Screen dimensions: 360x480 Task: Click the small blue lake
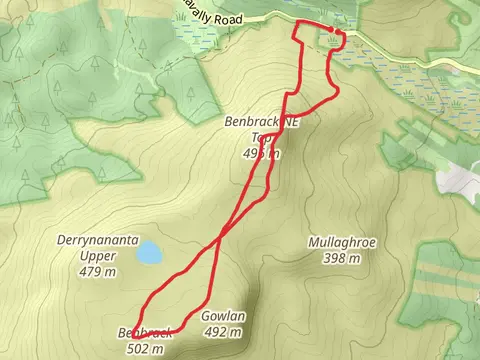[149, 253]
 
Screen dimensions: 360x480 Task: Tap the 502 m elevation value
[146, 348]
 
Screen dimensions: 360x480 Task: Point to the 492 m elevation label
[223, 332]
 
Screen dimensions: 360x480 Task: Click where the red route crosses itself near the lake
[219, 243]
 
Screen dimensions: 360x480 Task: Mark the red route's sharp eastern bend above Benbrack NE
[338, 92]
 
